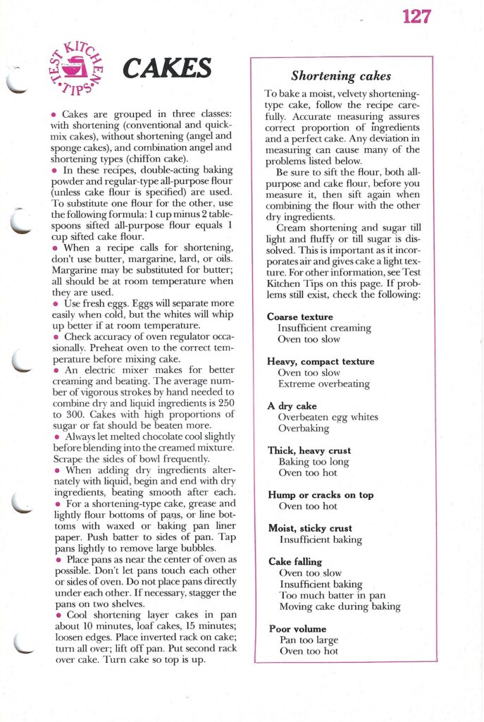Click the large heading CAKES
167,68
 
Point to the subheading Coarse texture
300,317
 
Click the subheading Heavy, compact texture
321,362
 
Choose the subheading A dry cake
292,406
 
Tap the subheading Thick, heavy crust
309,451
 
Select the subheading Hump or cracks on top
321,495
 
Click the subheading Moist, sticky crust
310,528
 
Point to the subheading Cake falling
295,562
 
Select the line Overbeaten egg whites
328,417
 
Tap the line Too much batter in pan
332,595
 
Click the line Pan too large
308,640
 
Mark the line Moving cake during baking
340,606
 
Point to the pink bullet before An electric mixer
54,370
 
